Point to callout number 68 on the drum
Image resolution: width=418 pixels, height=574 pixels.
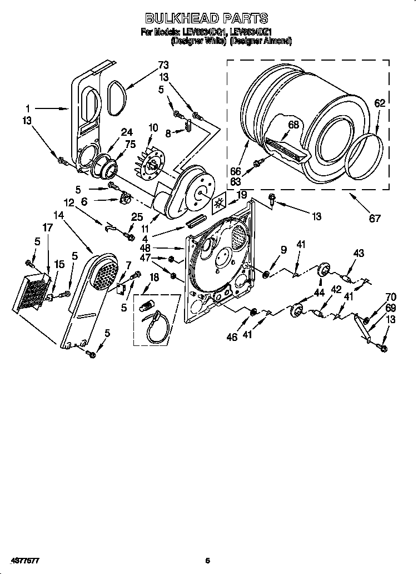point(293,125)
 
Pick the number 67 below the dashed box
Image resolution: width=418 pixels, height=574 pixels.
point(375,219)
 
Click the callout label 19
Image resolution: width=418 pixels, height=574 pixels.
point(242,195)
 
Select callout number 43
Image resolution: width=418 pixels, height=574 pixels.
point(359,254)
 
